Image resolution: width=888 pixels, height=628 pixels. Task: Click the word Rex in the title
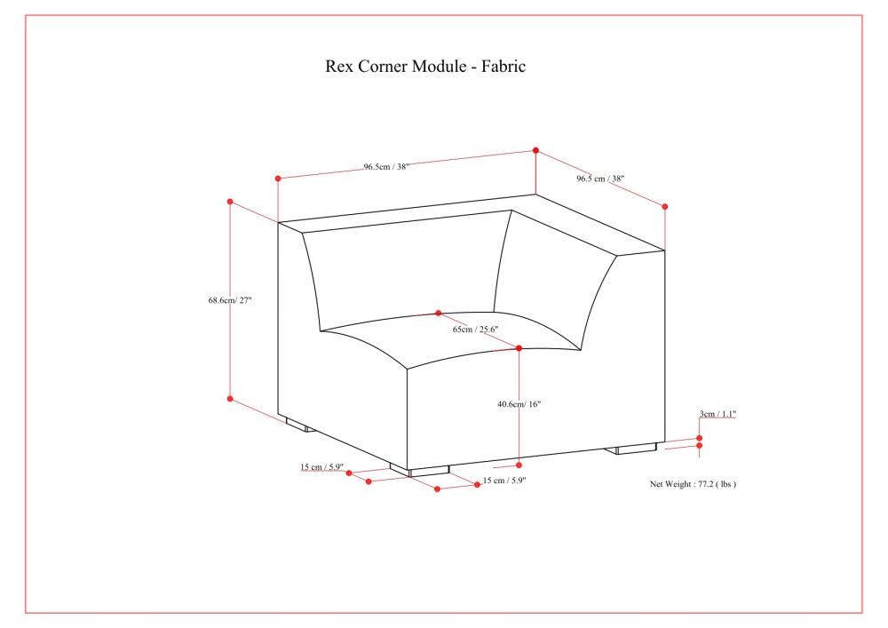(338, 67)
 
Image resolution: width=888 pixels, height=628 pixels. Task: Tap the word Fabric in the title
(503, 67)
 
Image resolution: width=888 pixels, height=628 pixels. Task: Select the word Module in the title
(439, 67)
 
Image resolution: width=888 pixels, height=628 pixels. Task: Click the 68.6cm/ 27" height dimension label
(230, 300)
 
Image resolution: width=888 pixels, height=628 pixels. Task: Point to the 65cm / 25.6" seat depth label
(475, 330)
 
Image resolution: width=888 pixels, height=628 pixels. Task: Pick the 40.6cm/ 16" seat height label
(519, 404)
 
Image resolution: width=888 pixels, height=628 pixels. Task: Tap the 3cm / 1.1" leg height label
(718, 414)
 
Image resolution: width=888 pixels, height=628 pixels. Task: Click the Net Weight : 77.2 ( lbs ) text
(693, 484)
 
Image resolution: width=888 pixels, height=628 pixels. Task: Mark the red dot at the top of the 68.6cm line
(230, 202)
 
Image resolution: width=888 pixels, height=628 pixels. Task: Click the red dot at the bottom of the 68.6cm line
(230, 399)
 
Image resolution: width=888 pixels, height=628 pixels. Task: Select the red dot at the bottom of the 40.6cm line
(519, 465)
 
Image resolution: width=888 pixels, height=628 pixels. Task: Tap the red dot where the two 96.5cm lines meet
(535, 151)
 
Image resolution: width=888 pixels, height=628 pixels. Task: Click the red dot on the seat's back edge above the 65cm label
(439, 314)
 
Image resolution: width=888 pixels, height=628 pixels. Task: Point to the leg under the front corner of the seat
(419, 470)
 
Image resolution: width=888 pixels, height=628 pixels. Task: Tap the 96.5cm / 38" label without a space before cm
(385, 166)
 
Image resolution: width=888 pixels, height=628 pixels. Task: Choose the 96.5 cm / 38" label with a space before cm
(600, 179)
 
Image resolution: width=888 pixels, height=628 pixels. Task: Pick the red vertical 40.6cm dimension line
(519, 407)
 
